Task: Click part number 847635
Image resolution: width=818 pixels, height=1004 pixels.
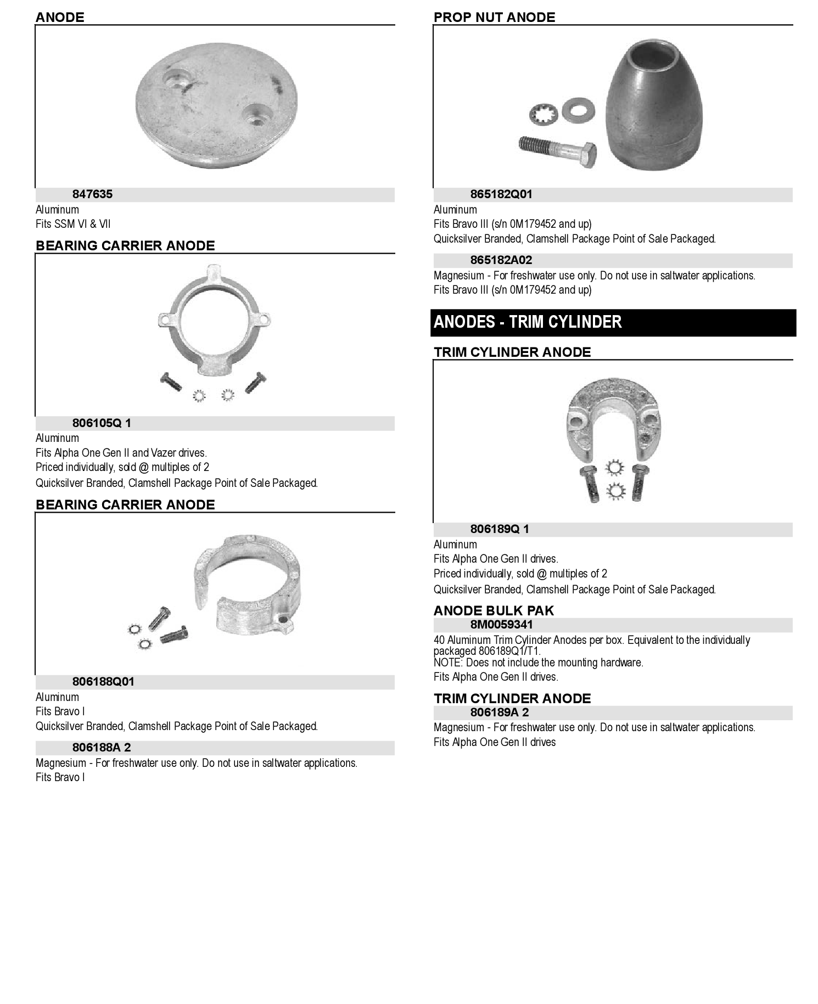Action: click(x=92, y=194)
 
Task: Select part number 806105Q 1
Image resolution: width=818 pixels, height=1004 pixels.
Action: click(x=102, y=423)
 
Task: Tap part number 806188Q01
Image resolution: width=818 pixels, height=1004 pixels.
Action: click(x=103, y=682)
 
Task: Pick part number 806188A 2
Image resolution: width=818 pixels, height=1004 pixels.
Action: click(x=102, y=748)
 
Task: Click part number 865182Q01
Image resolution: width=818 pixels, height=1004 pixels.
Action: click(x=501, y=194)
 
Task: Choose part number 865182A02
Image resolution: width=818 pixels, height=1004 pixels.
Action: click(x=501, y=260)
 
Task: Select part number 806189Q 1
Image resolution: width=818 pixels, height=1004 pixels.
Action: click(x=500, y=529)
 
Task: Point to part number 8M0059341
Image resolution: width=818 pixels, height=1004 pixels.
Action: click(x=501, y=625)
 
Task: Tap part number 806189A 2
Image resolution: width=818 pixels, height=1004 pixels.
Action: click(x=500, y=713)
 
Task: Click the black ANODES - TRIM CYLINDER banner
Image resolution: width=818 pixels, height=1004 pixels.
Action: click(x=613, y=322)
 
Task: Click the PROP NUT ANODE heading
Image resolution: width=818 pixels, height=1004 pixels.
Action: click(x=494, y=18)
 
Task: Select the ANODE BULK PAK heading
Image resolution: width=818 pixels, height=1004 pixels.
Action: click(x=494, y=611)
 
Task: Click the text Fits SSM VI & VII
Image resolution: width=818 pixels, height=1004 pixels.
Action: click(x=73, y=224)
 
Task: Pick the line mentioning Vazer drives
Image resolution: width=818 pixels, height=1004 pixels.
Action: click(x=121, y=453)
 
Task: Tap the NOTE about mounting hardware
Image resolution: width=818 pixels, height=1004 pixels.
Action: click(x=538, y=663)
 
